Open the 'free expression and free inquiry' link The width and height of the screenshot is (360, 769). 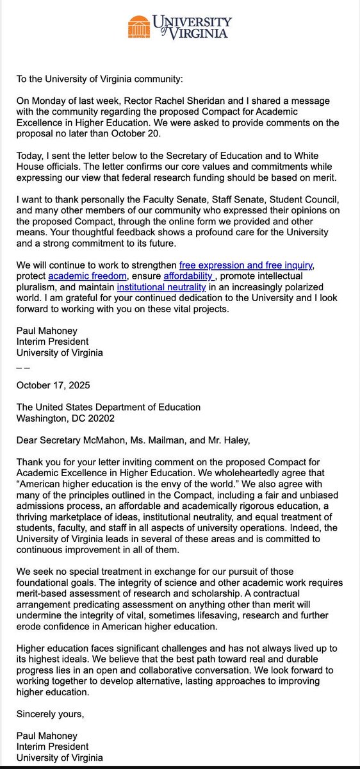tap(244, 283)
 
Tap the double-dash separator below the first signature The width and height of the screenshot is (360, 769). tap(22, 368)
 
